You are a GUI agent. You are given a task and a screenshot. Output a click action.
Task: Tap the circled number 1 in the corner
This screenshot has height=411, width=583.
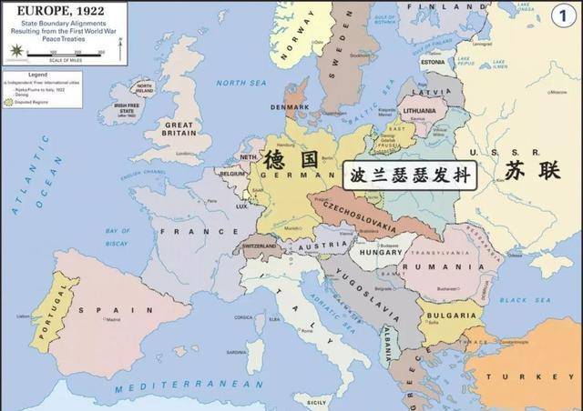coord(563,15)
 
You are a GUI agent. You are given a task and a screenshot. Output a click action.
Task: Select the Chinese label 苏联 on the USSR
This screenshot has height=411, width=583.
coord(528,170)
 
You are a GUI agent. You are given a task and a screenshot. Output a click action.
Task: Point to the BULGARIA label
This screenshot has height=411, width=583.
coord(450,316)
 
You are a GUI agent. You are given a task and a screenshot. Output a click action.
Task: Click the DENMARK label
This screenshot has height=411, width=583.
coord(290,106)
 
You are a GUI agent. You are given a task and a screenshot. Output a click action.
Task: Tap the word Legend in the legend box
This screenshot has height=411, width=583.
coord(37,73)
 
